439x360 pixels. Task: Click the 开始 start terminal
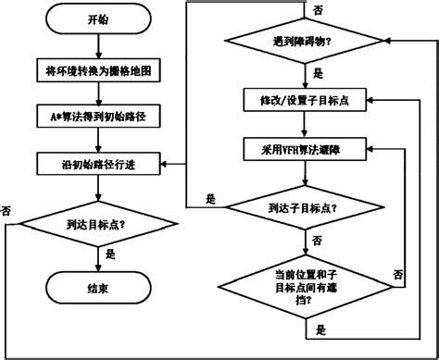(97, 19)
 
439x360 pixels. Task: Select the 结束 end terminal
(97, 288)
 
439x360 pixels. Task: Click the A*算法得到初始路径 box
(97, 117)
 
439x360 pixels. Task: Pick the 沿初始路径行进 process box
(97, 165)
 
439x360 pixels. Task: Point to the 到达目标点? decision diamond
(97, 224)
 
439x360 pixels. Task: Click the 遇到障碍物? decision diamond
(306, 42)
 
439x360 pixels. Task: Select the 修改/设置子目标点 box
(306, 98)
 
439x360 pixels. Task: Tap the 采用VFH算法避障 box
(306, 147)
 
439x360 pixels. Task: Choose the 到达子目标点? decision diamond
(306, 207)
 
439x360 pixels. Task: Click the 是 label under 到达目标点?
(111, 253)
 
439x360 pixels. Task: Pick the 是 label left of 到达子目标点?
(210, 198)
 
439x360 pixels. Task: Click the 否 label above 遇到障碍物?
(318, 9)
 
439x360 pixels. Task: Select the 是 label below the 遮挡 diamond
(320, 328)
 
